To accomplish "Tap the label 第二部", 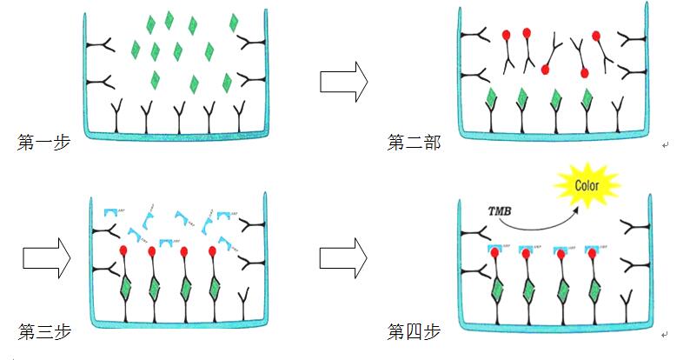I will (x=413, y=142).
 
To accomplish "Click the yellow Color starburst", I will (x=587, y=186).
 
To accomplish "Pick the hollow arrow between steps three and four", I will (x=344, y=259).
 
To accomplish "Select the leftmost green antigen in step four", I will (x=498, y=290).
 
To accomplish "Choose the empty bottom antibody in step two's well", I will (x=618, y=113).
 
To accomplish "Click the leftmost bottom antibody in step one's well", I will (x=116, y=116).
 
